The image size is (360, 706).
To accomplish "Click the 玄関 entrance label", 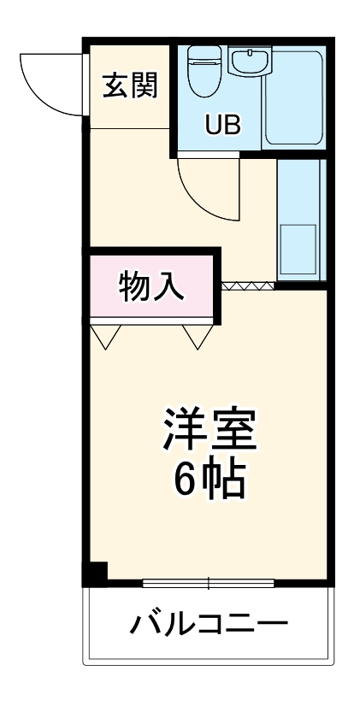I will (x=130, y=85).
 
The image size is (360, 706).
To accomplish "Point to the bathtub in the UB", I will (x=293, y=98).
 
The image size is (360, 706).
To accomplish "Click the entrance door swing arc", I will (x=51, y=85).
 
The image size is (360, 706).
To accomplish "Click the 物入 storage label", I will (x=150, y=285).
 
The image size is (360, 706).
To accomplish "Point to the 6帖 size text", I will (x=210, y=481).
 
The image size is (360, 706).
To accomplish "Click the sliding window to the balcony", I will (x=209, y=584).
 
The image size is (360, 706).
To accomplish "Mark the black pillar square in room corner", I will (x=95, y=574).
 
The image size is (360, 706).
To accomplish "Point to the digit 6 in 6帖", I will (x=185, y=481).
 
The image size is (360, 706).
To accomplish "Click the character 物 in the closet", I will (x=133, y=285).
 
